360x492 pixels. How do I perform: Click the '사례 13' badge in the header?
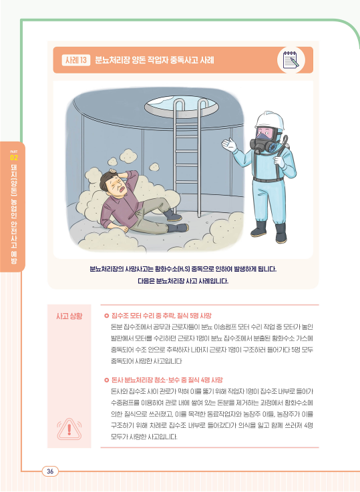pos(76,60)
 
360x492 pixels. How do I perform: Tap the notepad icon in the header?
pos(291,60)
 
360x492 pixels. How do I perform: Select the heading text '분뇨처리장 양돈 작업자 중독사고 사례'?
pos(154,60)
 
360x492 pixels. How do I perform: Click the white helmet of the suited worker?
pos(269,120)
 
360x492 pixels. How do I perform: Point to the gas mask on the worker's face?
pos(264,141)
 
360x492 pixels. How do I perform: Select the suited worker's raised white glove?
pos(229,146)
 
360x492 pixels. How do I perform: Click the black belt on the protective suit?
pos(268,180)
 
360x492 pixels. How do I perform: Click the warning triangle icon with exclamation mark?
pos(69,429)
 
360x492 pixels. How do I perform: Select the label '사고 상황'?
pos(69,316)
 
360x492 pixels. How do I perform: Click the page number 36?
pos(50,471)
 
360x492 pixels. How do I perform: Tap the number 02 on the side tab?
pos(14,158)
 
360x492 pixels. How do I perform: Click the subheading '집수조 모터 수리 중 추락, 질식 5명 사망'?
pos(162,316)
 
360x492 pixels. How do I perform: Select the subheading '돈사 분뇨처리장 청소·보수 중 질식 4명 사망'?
pos(167,380)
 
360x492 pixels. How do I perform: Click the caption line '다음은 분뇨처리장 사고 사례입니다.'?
pos(183,281)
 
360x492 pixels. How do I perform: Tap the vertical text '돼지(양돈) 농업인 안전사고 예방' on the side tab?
pos(14,214)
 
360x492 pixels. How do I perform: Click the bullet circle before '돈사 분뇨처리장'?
pos(106,381)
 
